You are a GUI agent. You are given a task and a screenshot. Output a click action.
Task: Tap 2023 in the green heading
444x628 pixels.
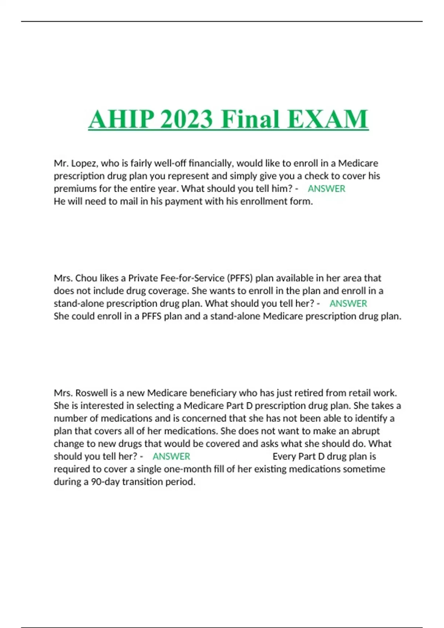pos(187,119)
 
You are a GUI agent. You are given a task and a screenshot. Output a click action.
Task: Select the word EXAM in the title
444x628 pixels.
pos(327,119)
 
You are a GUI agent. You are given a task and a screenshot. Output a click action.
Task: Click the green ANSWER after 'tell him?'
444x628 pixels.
pos(326,189)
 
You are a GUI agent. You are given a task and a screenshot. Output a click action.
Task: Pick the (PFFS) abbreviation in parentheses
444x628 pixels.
pos(239,278)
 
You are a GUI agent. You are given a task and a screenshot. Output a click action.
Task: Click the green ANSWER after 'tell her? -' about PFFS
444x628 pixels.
pos(348,304)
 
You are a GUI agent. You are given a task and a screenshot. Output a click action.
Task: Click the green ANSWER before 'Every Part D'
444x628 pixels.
pos(171,457)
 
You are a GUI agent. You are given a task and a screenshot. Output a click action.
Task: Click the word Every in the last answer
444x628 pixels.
pos(284,457)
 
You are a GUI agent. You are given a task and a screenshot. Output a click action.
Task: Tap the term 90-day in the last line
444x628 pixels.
pos(105,482)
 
